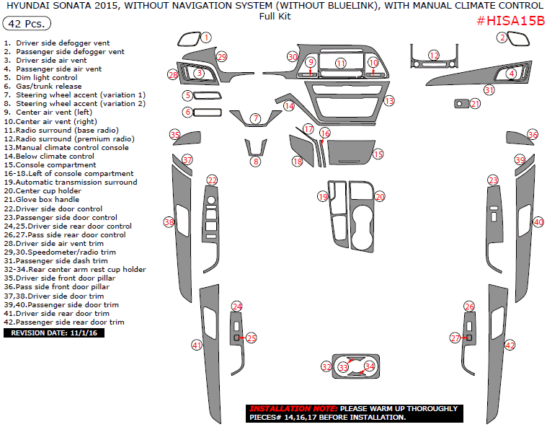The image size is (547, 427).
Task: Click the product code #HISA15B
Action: click(510, 20)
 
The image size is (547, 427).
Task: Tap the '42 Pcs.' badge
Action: click(27, 24)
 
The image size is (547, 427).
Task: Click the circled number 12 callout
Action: click(434, 55)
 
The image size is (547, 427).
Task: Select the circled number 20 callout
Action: click(380, 196)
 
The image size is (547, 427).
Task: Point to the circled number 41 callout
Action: click(196, 345)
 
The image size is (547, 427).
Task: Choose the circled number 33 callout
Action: click(343, 367)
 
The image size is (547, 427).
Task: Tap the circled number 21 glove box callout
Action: click(474, 104)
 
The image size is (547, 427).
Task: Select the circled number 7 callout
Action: click(255, 118)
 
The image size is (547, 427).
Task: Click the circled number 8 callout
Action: click(255, 162)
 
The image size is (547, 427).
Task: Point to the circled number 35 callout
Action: click(174, 135)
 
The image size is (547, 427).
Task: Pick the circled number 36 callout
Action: click(533, 135)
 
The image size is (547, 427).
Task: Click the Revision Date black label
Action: click(54, 333)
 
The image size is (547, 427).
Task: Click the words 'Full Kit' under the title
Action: click(275, 16)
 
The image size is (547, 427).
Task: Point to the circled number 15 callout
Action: click(378, 154)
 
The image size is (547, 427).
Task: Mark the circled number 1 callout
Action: click(206, 37)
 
